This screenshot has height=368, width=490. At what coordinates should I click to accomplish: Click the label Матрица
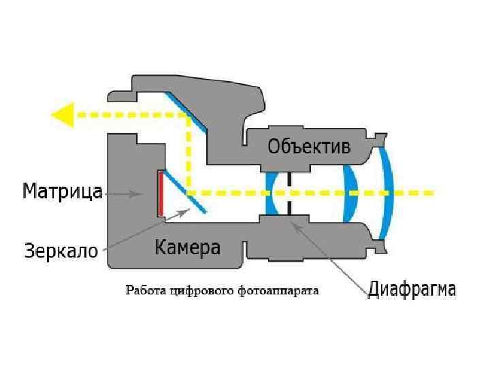tap(63, 191)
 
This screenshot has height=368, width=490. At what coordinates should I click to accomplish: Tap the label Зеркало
tap(61, 249)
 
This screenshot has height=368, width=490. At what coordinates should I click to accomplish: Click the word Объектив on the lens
tap(309, 147)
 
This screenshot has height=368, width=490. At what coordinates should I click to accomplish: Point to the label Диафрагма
tap(412, 289)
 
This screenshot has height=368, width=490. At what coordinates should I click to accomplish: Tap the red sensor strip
tap(160, 192)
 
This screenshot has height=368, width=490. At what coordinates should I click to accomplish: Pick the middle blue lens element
tap(350, 192)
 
